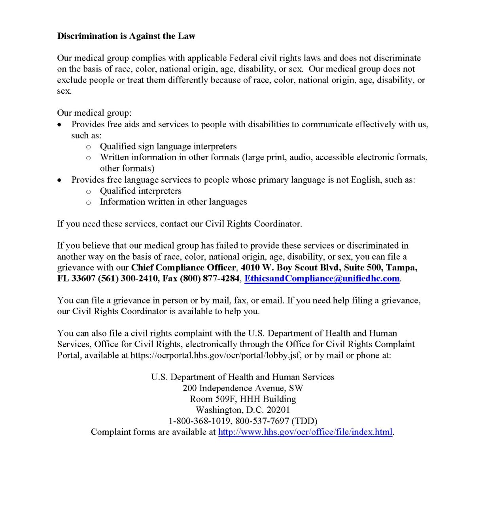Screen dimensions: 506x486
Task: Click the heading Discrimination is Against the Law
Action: tap(126, 36)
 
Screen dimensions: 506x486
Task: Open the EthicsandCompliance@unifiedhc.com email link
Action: tap(322, 278)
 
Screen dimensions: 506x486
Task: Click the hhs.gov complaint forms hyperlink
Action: tap(305, 432)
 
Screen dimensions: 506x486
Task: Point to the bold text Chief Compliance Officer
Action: tap(183, 268)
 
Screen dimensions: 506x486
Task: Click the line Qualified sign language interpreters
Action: tap(168, 146)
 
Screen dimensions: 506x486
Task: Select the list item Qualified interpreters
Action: tap(140, 191)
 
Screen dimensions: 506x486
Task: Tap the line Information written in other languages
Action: tap(173, 202)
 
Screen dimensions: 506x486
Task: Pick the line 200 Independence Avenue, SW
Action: tap(243, 388)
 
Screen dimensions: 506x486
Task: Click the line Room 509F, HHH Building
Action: tap(243, 399)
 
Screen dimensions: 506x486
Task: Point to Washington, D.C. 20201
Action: tap(243, 410)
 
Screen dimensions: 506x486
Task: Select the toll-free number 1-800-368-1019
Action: tap(199, 421)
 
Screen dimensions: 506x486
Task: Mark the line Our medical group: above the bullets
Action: tap(95, 113)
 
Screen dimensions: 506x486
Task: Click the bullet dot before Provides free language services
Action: tap(59, 180)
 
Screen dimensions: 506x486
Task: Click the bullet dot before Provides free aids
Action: tap(59, 125)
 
